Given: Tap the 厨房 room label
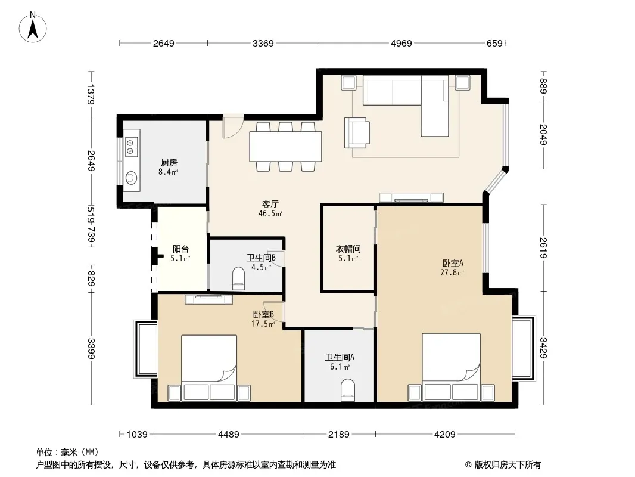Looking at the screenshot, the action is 169,163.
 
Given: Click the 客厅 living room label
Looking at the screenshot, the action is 270,205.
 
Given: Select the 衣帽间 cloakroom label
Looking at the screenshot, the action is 348,249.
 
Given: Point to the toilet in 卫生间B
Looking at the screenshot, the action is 238,278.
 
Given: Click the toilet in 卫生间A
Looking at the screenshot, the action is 347,390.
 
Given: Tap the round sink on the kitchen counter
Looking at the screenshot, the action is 131,178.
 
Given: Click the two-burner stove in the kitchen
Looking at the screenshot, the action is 130,146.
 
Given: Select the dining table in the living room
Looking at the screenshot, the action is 285,147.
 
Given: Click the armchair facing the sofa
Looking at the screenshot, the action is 357,132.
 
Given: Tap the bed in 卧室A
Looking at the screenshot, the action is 452,367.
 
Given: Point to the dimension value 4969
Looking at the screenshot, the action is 401,43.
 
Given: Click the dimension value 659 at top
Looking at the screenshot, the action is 494,43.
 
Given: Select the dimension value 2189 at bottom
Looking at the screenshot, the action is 338,435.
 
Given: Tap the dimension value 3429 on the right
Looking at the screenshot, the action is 543,348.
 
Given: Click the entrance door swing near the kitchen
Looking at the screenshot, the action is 233,127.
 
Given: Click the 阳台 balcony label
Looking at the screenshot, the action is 180,249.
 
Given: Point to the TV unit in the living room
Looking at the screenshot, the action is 411,198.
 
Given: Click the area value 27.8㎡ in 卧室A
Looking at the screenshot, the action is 452,272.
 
